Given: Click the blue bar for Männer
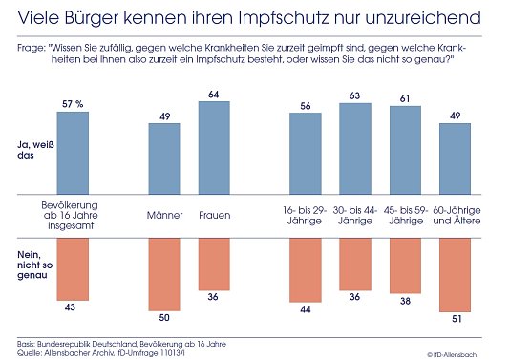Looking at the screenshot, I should (x=164, y=159).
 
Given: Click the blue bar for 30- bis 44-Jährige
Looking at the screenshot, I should (x=355, y=148).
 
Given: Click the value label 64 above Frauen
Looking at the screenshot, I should (x=214, y=93).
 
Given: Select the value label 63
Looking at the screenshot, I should (x=355, y=95).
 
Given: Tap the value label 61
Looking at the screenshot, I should (x=405, y=98).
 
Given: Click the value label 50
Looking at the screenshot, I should (x=164, y=316).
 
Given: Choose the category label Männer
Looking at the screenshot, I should (x=164, y=215).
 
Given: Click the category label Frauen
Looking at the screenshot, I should (x=213, y=215).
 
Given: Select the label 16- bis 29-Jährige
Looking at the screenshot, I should (x=306, y=214).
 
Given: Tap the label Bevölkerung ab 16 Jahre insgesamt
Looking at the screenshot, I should (x=73, y=214).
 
